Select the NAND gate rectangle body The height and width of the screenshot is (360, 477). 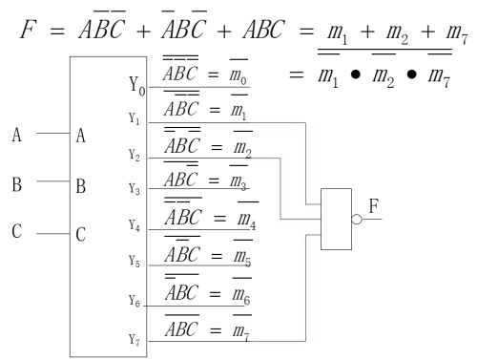click(x=337, y=219)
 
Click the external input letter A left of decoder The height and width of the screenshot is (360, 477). click(x=16, y=135)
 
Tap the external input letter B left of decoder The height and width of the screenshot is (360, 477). click(x=16, y=184)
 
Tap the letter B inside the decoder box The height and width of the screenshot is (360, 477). click(x=81, y=184)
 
